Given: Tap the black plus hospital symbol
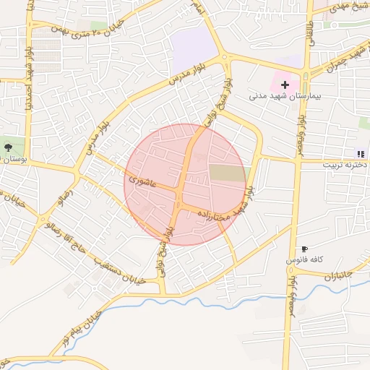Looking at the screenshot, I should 285,85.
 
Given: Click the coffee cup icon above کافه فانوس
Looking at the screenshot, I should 304,249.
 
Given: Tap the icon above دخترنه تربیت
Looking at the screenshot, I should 360,153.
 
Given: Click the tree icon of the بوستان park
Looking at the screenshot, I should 8,147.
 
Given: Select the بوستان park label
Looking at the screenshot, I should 14,158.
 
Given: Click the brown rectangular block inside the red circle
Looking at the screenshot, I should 228,173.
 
